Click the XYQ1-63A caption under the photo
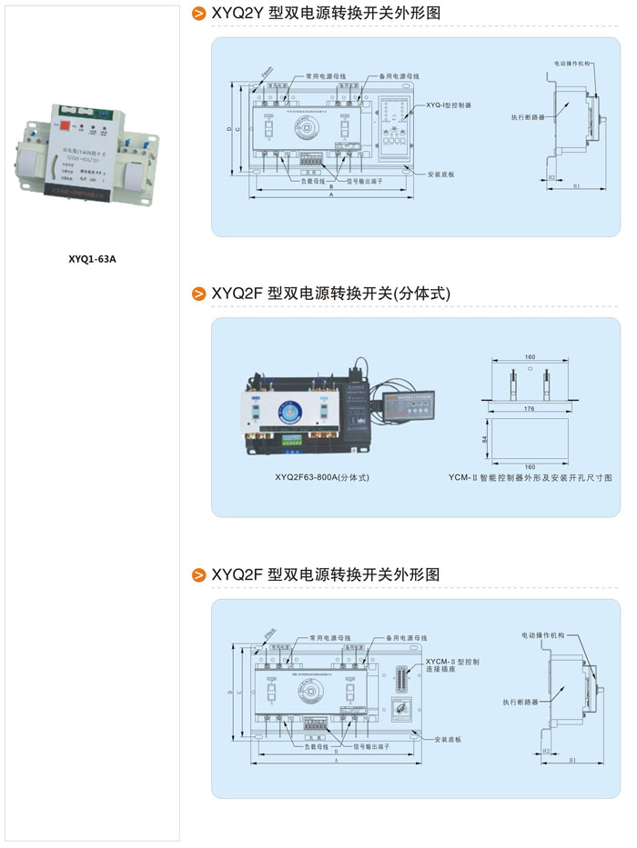tap(93, 258)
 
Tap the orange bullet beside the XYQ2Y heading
tap(197, 15)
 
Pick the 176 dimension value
tap(530, 409)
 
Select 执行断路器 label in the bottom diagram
tap(520, 703)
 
